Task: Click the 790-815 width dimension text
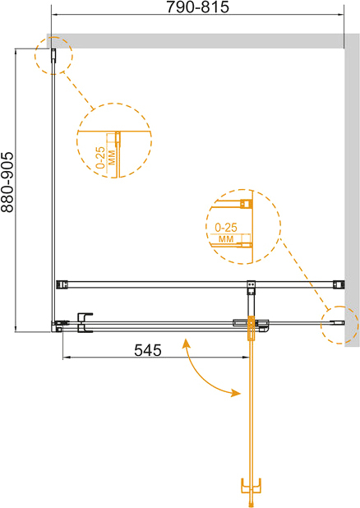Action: (x=197, y=7)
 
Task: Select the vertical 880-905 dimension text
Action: (x=7, y=182)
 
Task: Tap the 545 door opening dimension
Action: (x=148, y=350)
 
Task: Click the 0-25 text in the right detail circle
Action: (x=226, y=228)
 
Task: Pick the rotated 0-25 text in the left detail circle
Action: (x=100, y=158)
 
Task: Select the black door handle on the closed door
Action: (x=85, y=322)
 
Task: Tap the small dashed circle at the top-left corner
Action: (x=53, y=56)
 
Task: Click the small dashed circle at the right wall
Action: (x=339, y=325)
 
